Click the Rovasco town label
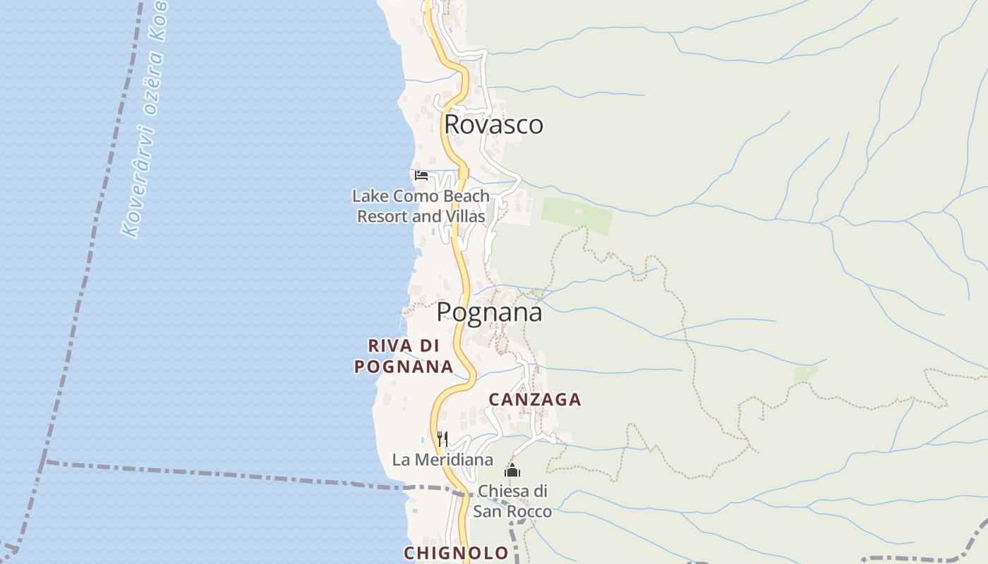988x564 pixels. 493,125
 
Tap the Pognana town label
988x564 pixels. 489,312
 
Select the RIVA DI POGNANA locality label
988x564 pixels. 404,356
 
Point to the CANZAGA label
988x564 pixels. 535,400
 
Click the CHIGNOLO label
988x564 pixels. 456,553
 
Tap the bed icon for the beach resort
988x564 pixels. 421,175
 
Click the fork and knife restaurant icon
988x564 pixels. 442,439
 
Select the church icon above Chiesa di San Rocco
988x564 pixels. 512,470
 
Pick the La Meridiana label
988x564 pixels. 442,460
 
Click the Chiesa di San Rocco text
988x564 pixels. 512,501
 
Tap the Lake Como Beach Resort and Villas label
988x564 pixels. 421,206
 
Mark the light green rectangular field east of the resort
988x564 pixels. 577,215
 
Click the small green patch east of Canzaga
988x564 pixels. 805,373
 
